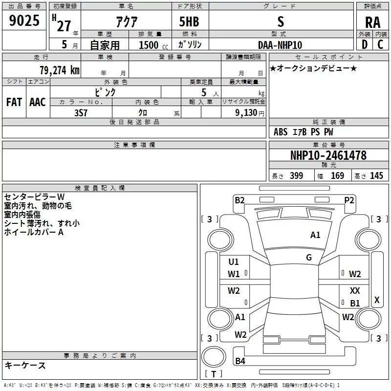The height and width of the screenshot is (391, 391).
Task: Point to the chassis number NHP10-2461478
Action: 328,155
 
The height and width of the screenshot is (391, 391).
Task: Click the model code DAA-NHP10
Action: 280,44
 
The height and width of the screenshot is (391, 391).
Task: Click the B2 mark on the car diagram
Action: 239,199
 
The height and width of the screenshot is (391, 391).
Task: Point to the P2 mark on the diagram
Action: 349,199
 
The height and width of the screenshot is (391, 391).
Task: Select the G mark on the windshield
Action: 309,258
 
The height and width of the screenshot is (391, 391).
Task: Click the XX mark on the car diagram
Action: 355,290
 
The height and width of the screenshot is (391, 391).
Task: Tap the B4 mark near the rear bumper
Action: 240,361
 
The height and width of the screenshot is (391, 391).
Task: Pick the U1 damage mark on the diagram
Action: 234,261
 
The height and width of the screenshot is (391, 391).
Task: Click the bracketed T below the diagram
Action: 213,374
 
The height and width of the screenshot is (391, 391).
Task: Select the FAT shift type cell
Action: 14,102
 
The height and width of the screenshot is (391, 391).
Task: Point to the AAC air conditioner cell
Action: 38,102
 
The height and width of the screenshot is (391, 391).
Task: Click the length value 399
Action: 296,176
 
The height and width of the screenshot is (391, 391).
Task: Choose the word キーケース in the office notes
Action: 25,366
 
